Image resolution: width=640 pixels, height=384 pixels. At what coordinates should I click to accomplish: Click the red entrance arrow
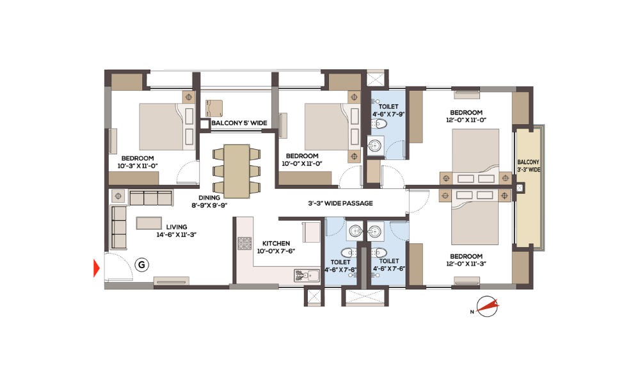97,268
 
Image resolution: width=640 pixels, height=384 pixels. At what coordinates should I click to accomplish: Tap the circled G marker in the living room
141,265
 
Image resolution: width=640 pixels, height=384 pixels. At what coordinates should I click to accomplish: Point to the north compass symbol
487,307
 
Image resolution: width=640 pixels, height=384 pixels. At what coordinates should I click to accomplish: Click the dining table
237,171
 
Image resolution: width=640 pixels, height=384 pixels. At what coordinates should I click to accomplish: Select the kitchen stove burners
244,244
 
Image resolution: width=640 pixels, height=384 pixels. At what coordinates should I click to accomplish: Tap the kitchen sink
307,275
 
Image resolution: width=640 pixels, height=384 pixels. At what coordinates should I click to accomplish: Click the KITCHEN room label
276,244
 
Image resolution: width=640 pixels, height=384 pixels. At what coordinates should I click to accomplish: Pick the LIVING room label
177,227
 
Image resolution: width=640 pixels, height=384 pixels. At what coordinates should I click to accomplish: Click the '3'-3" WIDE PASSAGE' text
340,204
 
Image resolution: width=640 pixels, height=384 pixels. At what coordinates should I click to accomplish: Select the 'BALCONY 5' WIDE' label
239,123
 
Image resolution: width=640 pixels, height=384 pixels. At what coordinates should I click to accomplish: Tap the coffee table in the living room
149,223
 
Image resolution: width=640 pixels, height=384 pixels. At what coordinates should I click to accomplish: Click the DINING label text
209,198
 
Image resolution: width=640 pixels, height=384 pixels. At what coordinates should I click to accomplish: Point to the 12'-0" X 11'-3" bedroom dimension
466,264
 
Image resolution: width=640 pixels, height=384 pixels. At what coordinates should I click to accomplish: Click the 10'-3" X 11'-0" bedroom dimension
138,166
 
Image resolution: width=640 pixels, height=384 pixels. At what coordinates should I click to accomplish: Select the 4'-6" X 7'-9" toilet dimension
388,115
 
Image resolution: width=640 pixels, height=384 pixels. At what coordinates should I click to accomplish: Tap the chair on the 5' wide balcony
214,108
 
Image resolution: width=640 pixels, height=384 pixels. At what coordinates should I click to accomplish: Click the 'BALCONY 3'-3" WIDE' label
529,166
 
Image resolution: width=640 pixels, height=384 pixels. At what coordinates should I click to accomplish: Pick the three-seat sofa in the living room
150,198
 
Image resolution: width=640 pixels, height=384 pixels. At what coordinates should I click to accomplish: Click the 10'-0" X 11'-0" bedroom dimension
302,164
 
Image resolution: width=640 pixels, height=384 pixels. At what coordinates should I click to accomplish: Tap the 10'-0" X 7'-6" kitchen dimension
276,252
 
